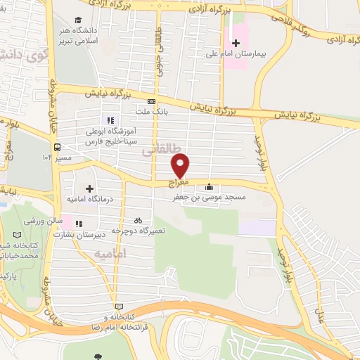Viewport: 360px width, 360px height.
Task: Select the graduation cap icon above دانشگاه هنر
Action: [x=78, y=20]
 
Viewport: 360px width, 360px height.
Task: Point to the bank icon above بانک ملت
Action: [x=151, y=101]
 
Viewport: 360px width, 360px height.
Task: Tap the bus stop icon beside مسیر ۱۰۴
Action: [x=56, y=147]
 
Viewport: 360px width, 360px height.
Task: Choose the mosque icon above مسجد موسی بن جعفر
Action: [x=209, y=187]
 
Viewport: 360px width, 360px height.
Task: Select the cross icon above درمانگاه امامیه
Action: [x=89, y=188]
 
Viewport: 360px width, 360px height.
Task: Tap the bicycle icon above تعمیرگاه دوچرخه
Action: [x=138, y=220]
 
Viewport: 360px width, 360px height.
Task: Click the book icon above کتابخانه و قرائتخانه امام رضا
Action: [x=118, y=307]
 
